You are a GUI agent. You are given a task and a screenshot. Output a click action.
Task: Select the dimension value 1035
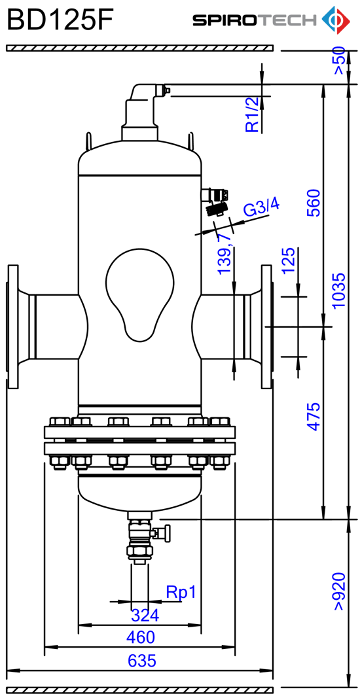pyautogui.click(x=338, y=290)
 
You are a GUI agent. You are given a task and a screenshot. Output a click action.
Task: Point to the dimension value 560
pyautogui.click(x=314, y=202)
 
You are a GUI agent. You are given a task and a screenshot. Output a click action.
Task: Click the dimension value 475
pyautogui.click(x=314, y=416)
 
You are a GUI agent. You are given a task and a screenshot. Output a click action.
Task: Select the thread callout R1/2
pyautogui.click(x=252, y=115)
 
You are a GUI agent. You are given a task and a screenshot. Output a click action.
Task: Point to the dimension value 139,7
pyautogui.click(x=225, y=253)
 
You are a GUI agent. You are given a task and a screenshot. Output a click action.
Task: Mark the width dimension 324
pyautogui.click(x=145, y=615)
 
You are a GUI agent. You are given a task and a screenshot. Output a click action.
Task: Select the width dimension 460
pyautogui.click(x=141, y=637)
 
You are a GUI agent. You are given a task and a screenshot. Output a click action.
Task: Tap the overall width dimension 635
pyautogui.click(x=142, y=661)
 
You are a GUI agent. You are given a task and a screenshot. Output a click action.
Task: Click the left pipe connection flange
pyautogui.click(x=13, y=326)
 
